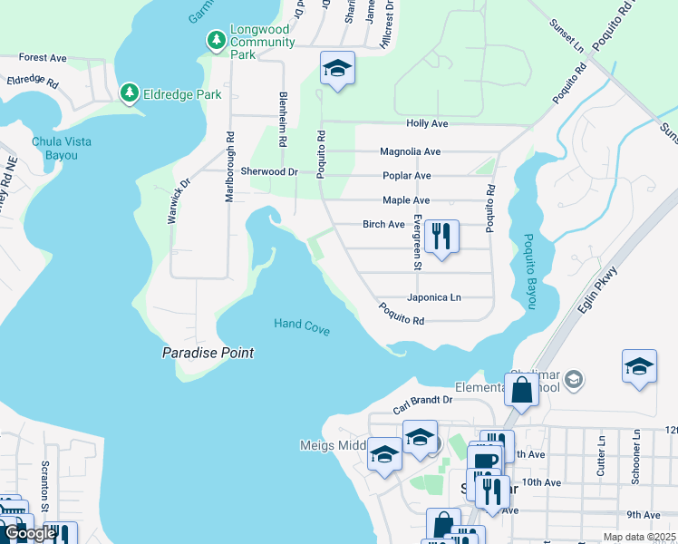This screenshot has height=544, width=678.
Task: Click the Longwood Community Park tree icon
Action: click(217, 40)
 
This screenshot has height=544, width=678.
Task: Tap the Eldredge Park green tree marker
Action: click(130, 92)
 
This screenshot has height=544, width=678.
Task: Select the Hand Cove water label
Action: click(302, 325)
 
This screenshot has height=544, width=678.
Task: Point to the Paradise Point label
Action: click(208, 353)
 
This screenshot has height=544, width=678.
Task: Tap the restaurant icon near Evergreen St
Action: click(441, 238)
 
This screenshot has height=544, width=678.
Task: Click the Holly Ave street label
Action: click(428, 123)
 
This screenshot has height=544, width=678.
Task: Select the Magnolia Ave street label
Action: click(410, 151)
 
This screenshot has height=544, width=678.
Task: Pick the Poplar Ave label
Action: click(405, 176)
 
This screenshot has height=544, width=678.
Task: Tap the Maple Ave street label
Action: click(406, 200)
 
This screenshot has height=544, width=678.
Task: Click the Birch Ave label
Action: click(383, 224)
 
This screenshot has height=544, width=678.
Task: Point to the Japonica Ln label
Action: click(433, 297)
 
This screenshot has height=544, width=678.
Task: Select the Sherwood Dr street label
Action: click(269, 171)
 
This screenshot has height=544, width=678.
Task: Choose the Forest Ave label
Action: click(43, 57)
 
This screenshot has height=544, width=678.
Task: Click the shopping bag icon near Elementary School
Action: click(522, 391)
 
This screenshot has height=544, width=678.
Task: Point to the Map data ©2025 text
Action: click(638, 537)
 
